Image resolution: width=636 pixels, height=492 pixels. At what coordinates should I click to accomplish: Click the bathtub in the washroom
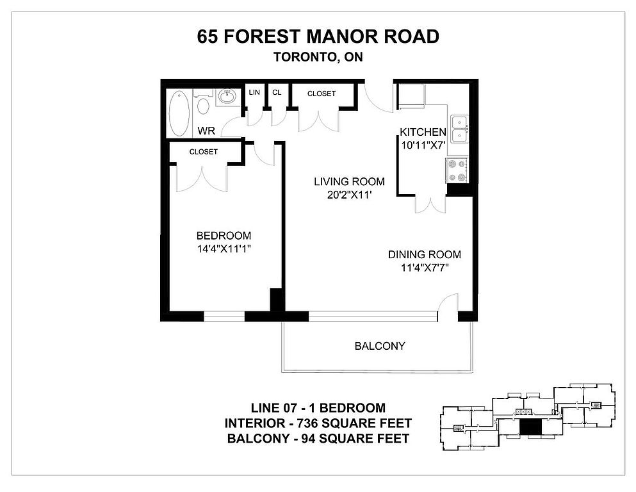point(179,113)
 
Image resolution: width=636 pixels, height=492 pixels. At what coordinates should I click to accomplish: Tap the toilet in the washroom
point(203,102)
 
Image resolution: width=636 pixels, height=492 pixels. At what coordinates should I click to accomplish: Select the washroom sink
point(227,97)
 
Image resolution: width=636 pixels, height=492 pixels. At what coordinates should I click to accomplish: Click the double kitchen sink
point(459,129)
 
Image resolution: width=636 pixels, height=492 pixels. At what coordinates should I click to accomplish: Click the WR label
point(206,131)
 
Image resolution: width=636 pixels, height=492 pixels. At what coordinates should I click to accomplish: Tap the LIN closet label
point(254,92)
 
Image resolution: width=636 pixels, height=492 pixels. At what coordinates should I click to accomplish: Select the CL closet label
point(277,92)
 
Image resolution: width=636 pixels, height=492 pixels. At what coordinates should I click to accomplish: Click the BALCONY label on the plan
point(380,346)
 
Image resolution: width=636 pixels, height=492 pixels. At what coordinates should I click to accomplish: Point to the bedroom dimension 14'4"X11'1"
point(224,249)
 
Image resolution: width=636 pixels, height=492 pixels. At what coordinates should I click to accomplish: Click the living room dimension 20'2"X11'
point(349,195)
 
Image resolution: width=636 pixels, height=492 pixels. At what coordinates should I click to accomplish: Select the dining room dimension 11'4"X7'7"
point(425,268)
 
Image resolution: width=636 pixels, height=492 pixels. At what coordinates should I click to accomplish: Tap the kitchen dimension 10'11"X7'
point(423,145)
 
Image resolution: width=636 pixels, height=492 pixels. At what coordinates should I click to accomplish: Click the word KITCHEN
point(423,132)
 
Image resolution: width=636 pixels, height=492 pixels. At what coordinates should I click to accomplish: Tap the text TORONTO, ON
point(318,57)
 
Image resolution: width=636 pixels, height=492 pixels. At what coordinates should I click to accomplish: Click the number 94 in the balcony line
point(307,438)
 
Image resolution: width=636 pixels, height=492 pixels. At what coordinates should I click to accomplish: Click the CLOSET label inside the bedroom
point(204,152)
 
